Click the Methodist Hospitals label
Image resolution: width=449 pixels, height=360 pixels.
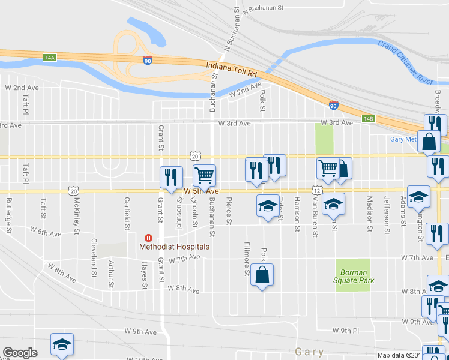tap(174, 247)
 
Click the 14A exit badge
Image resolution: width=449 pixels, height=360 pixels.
tap(49, 58)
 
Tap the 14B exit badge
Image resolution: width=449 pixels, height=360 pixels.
tap(369, 119)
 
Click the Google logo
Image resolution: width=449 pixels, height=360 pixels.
tap(20, 352)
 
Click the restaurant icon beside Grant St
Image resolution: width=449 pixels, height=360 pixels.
tap(170, 176)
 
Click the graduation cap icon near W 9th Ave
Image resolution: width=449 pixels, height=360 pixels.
tap(62, 344)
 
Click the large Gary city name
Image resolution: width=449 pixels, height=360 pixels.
tap(310, 352)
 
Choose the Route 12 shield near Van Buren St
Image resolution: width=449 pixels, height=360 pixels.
tap(316, 190)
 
